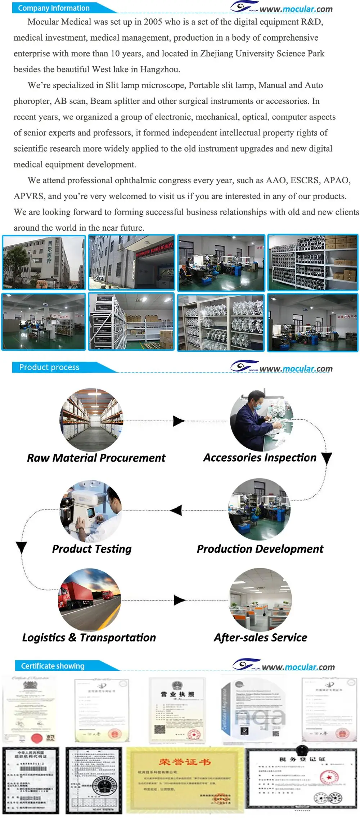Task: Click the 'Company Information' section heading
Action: click(54, 8)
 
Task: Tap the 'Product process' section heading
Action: click(49, 367)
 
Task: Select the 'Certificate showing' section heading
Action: click(53, 666)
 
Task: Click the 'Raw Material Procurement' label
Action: click(96, 458)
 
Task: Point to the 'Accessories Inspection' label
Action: click(260, 458)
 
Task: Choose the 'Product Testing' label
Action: click(92, 549)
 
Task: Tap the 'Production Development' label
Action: click(260, 549)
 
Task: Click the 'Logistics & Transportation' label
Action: click(89, 637)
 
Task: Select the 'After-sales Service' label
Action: click(260, 637)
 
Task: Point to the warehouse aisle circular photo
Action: click(91, 420)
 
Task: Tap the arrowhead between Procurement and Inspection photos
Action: click(178, 421)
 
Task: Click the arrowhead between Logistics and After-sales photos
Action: click(179, 600)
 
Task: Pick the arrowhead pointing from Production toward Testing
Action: click(176, 510)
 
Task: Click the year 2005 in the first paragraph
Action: click(153, 22)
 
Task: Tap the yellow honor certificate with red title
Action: click(185, 780)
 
